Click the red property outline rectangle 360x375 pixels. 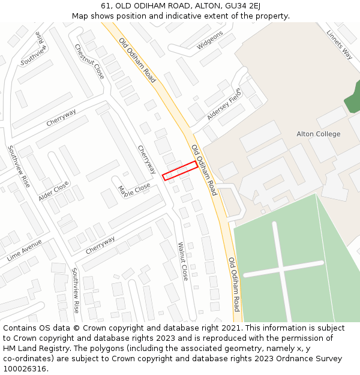pos(180,170)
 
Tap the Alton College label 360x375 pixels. pos(318,134)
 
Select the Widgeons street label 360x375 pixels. pos(209,40)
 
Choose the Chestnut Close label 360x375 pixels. pos(89,61)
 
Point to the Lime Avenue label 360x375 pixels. pos(25,250)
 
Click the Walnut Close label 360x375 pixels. pos(183,262)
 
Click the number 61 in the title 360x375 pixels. pos(106,6)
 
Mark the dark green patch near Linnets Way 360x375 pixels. pos(353,96)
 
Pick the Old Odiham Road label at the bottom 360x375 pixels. pos(233,284)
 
